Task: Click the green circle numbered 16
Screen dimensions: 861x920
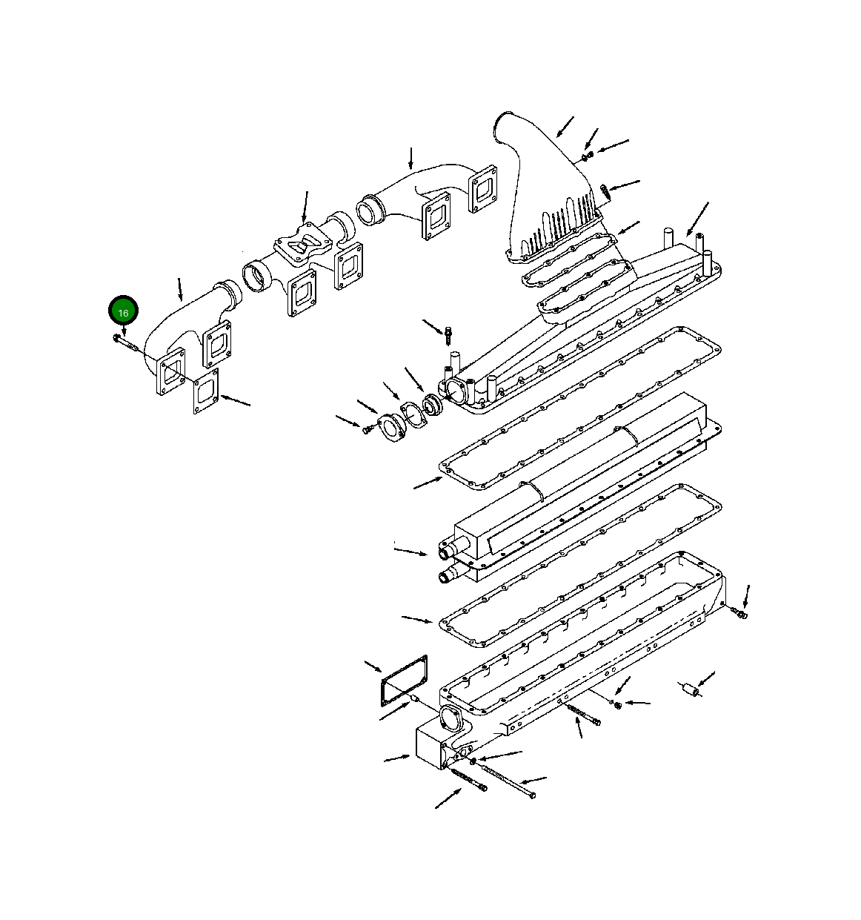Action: tap(123, 312)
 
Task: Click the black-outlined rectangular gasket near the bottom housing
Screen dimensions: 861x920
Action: tap(404, 681)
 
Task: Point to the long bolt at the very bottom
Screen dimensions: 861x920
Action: tap(508, 780)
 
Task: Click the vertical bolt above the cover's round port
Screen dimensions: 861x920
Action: tap(448, 335)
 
